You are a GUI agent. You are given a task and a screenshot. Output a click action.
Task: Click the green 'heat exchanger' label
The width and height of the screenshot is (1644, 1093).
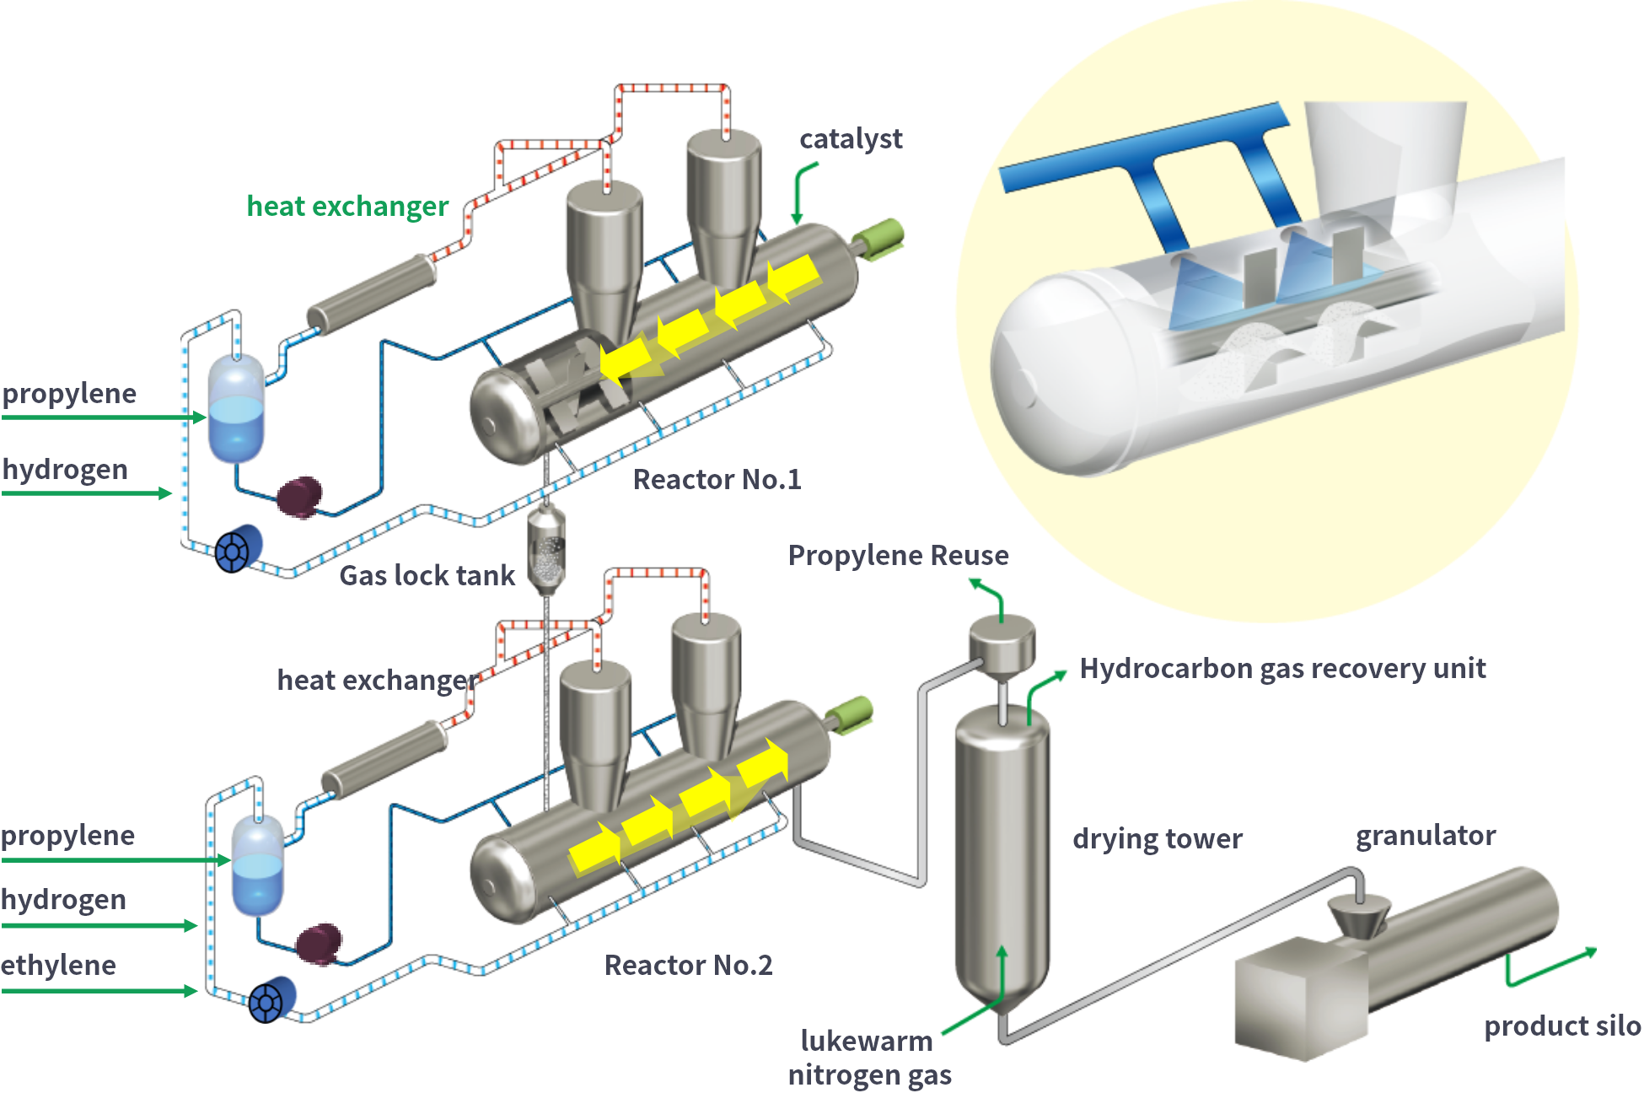pyautogui.click(x=347, y=207)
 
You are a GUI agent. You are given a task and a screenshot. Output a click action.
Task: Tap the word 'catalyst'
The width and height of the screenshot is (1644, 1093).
pyautogui.click(x=851, y=139)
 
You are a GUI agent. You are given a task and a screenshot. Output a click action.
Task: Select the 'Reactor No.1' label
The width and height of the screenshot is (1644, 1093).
pyautogui.click(x=717, y=480)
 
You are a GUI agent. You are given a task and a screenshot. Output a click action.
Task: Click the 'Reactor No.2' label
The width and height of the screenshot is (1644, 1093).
pyautogui.click(x=688, y=966)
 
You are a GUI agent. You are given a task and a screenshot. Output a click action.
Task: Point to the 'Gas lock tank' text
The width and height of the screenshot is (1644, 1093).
pyautogui.click(x=427, y=576)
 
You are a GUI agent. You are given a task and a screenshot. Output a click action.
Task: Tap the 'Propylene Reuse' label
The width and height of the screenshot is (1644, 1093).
pyautogui.click(x=898, y=556)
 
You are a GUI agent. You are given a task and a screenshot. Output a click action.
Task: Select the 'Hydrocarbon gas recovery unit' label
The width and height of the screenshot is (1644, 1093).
pyautogui.click(x=1282, y=669)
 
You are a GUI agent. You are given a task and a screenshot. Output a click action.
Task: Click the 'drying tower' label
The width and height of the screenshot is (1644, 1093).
pyautogui.click(x=1157, y=839)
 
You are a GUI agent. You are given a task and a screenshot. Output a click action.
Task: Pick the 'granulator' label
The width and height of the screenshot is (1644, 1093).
pyautogui.click(x=1426, y=836)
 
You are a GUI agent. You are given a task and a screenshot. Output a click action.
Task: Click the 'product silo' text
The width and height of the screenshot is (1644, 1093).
pyautogui.click(x=1562, y=1026)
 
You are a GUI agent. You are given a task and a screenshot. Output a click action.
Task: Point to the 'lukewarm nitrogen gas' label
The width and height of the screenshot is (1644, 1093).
pyautogui.click(x=868, y=1058)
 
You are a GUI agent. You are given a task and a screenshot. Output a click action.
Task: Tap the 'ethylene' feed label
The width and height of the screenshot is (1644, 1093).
pyautogui.click(x=58, y=966)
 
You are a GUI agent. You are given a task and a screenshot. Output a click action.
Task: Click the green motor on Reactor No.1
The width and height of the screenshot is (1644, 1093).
pyautogui.click(x=883, y=235)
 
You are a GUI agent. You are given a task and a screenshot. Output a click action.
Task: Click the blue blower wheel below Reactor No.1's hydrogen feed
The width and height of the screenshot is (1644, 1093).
pyautogui.click(x=239, y=548)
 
